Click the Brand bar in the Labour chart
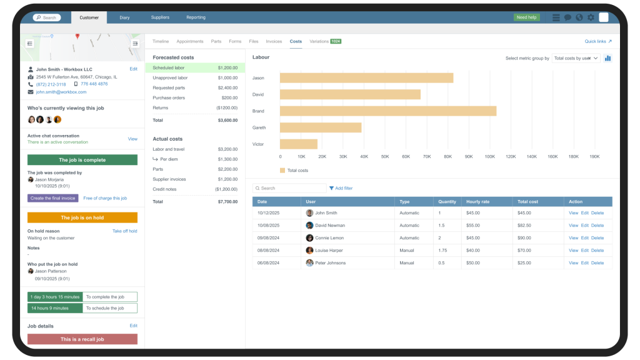pos(387,111)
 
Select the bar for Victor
pos(299,144)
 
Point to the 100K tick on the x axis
pos(489,157)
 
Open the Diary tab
pos(124,17)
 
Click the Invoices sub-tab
pos(274,41)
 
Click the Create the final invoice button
pos(53,198)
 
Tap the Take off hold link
pos(124,231)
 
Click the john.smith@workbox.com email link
pos(61,92)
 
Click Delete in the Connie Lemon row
pos(597,238)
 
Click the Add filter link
pos(343,188)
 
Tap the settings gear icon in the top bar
pos(591,17)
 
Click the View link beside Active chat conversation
pos(132,139)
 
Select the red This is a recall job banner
pos(82,339)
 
